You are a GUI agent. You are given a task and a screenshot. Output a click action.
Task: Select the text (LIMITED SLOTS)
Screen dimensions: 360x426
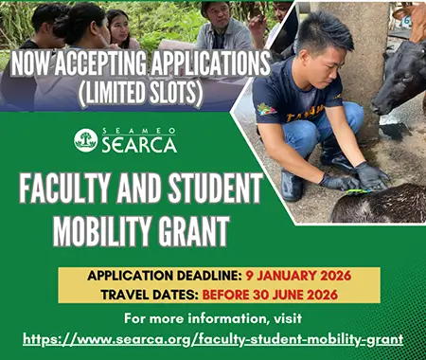coord(135,94)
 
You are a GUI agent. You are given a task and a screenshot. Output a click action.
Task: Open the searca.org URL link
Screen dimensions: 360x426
coord(213,338)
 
